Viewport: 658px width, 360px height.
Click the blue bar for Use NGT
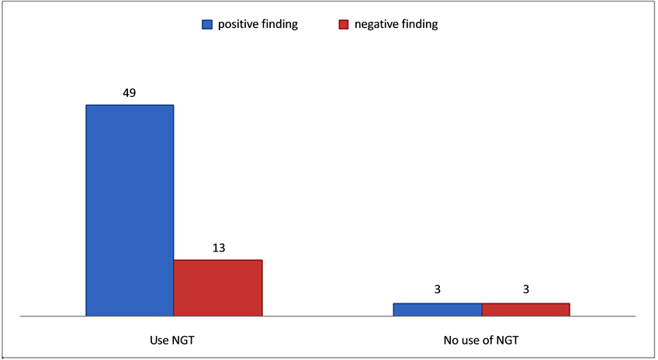[130, 210]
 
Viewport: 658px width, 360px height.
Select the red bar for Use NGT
[218, 288]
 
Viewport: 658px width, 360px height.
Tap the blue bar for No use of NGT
[438, 310]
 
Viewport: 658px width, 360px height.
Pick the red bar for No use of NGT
[526, 310]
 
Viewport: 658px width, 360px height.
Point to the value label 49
[130, 92]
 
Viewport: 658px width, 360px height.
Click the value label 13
[218, 247]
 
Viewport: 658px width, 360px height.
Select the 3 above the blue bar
[438, 290]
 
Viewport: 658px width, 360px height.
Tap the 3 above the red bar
[526, 290]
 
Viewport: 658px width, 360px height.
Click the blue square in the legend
[207, 25]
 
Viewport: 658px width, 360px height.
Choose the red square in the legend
[344, 25]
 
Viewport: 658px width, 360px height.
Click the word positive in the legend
[237, 25]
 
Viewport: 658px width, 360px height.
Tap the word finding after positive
[279, 25]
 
